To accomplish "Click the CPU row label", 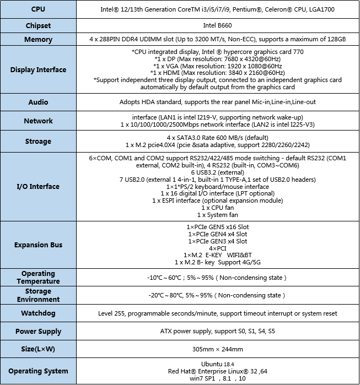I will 38,9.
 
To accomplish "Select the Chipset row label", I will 38,25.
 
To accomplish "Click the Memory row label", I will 38,40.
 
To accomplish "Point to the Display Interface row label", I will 38,70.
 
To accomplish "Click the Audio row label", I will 38,102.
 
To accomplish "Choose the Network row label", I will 38,121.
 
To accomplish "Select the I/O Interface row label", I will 38,186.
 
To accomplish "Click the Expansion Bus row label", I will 38,245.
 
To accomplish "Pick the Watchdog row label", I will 38,313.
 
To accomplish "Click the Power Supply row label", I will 38,332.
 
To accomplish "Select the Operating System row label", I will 38,371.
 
